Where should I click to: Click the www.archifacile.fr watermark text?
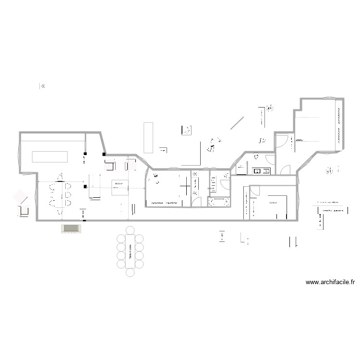tap(330, 283)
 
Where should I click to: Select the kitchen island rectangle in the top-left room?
tap(50, 157)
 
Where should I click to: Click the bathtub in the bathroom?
tap(219, 202)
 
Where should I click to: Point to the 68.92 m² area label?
tap(118, 183)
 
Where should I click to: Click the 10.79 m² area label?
tap(273, 203)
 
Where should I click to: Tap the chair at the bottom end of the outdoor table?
tap(130, 273)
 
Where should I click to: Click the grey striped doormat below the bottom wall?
tap(70, 228)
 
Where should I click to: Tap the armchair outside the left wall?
tap(20, 197)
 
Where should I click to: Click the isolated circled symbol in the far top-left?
tap(43, 86)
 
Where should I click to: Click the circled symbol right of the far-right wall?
tap(329, 170)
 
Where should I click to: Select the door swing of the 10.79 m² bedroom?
tap(253, 192)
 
